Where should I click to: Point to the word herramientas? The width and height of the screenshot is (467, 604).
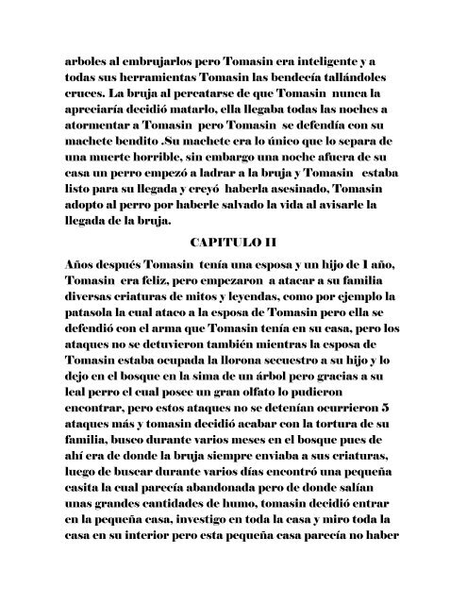coord(132,60)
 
